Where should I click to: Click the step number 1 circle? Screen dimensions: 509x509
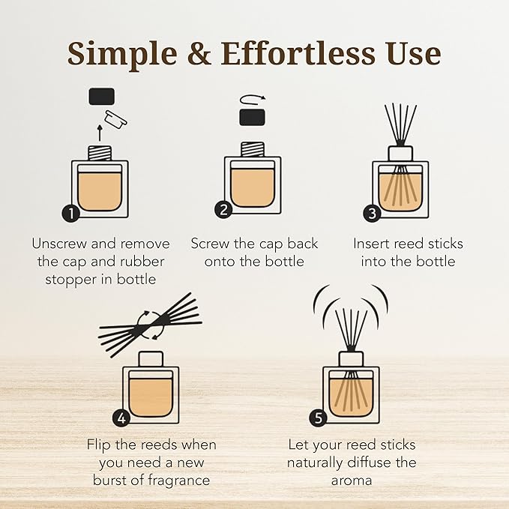pos(71,213)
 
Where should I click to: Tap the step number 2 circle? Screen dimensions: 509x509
pos(223,210)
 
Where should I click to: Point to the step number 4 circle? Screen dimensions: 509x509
pos(121,418)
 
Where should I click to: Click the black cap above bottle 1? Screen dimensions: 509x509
pos(101,96)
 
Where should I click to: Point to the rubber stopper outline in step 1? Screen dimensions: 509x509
pos(115,117)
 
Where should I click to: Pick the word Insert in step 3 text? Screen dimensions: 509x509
pos(374,244)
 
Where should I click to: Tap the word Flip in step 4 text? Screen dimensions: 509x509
pos(101,445)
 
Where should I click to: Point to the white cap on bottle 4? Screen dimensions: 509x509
pos(150,359)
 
